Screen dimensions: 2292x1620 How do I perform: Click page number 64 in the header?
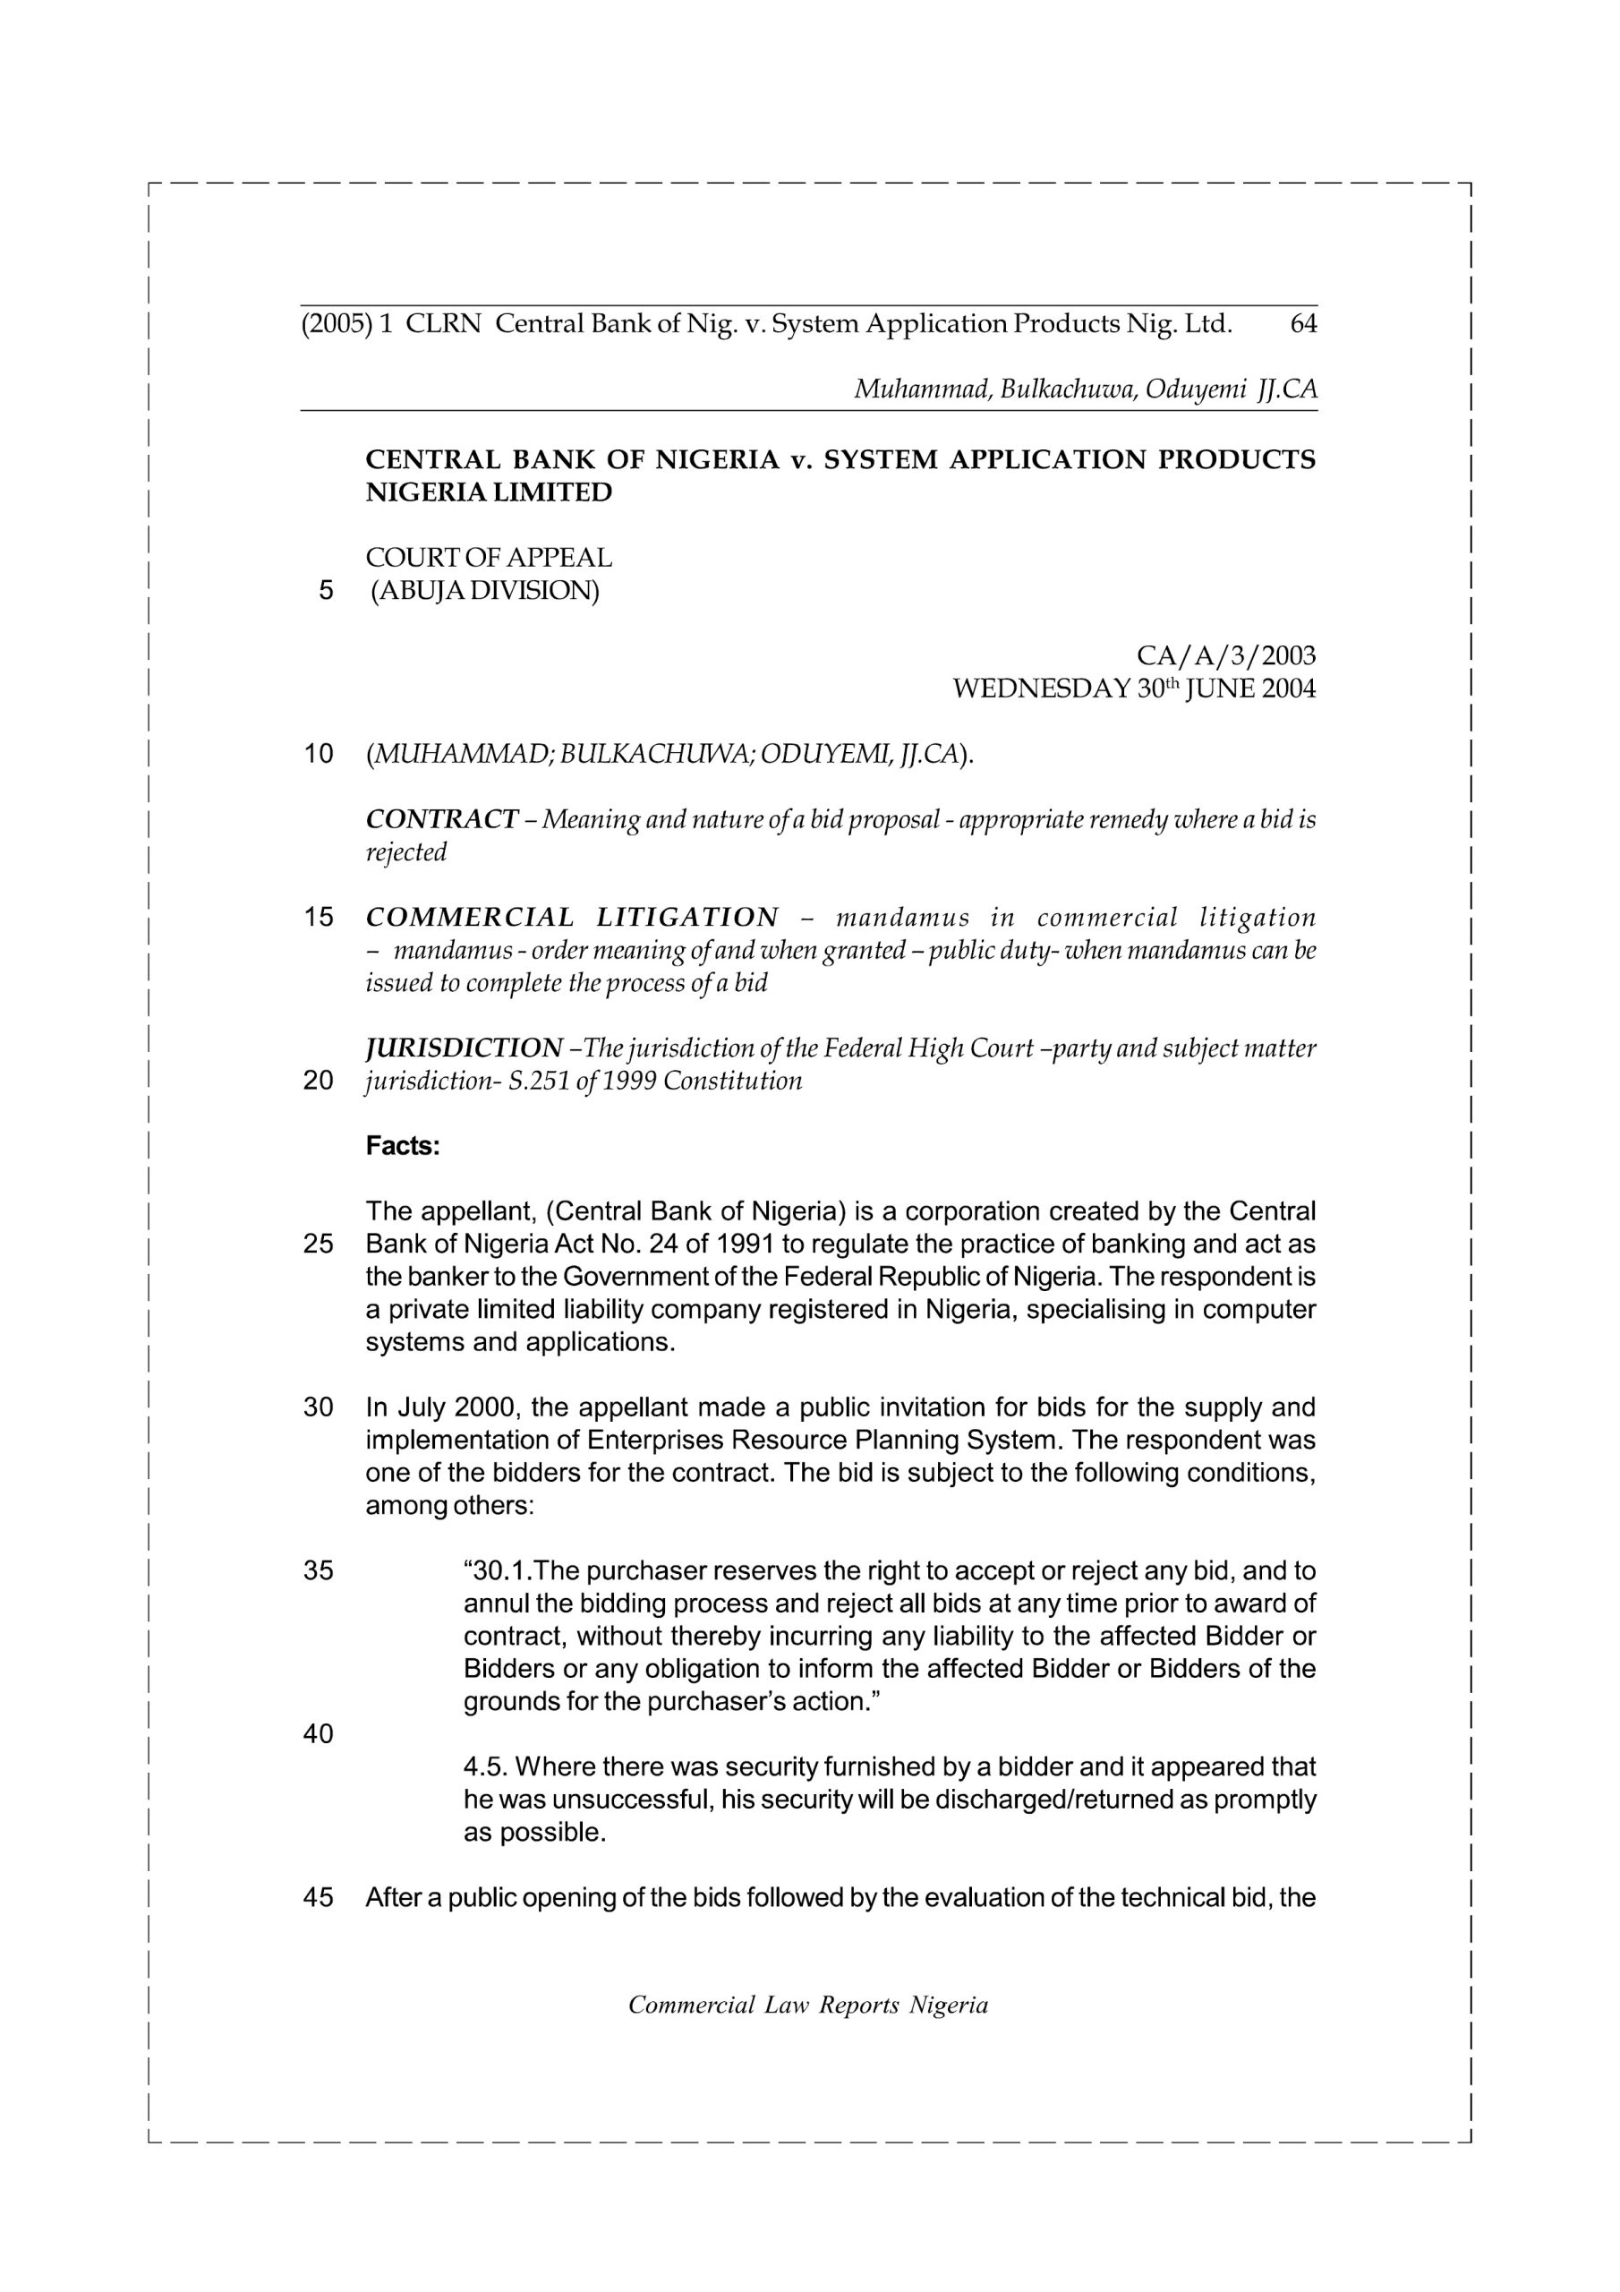[1302, 324]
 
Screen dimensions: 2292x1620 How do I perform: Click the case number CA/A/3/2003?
[1225, 656]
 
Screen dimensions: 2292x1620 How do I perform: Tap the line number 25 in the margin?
[319, 1244]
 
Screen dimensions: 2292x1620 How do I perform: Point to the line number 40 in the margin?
[319, 1734]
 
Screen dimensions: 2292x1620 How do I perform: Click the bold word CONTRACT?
[441, 819]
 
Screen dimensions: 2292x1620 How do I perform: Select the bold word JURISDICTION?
[465, 1048]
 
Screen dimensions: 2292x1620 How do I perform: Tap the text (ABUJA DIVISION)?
[485, 591]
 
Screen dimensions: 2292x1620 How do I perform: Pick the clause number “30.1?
[496, 1571]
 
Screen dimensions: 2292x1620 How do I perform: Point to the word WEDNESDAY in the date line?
[1041, 688]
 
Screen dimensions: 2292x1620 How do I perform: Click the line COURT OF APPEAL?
[489, 558]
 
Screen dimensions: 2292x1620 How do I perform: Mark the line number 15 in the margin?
[319, 918]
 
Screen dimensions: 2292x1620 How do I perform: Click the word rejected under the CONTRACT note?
[406, 852]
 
